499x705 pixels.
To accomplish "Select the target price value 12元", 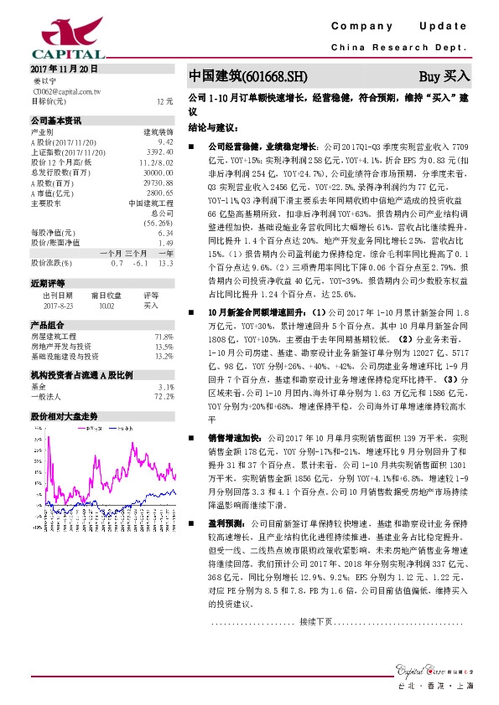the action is pos(164,100).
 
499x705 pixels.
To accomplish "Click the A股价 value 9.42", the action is pos(165,143).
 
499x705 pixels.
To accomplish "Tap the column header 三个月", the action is pos(136,253).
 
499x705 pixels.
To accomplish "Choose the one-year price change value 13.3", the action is pos(165,263).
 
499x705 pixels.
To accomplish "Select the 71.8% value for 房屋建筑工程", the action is pos(164,337).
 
